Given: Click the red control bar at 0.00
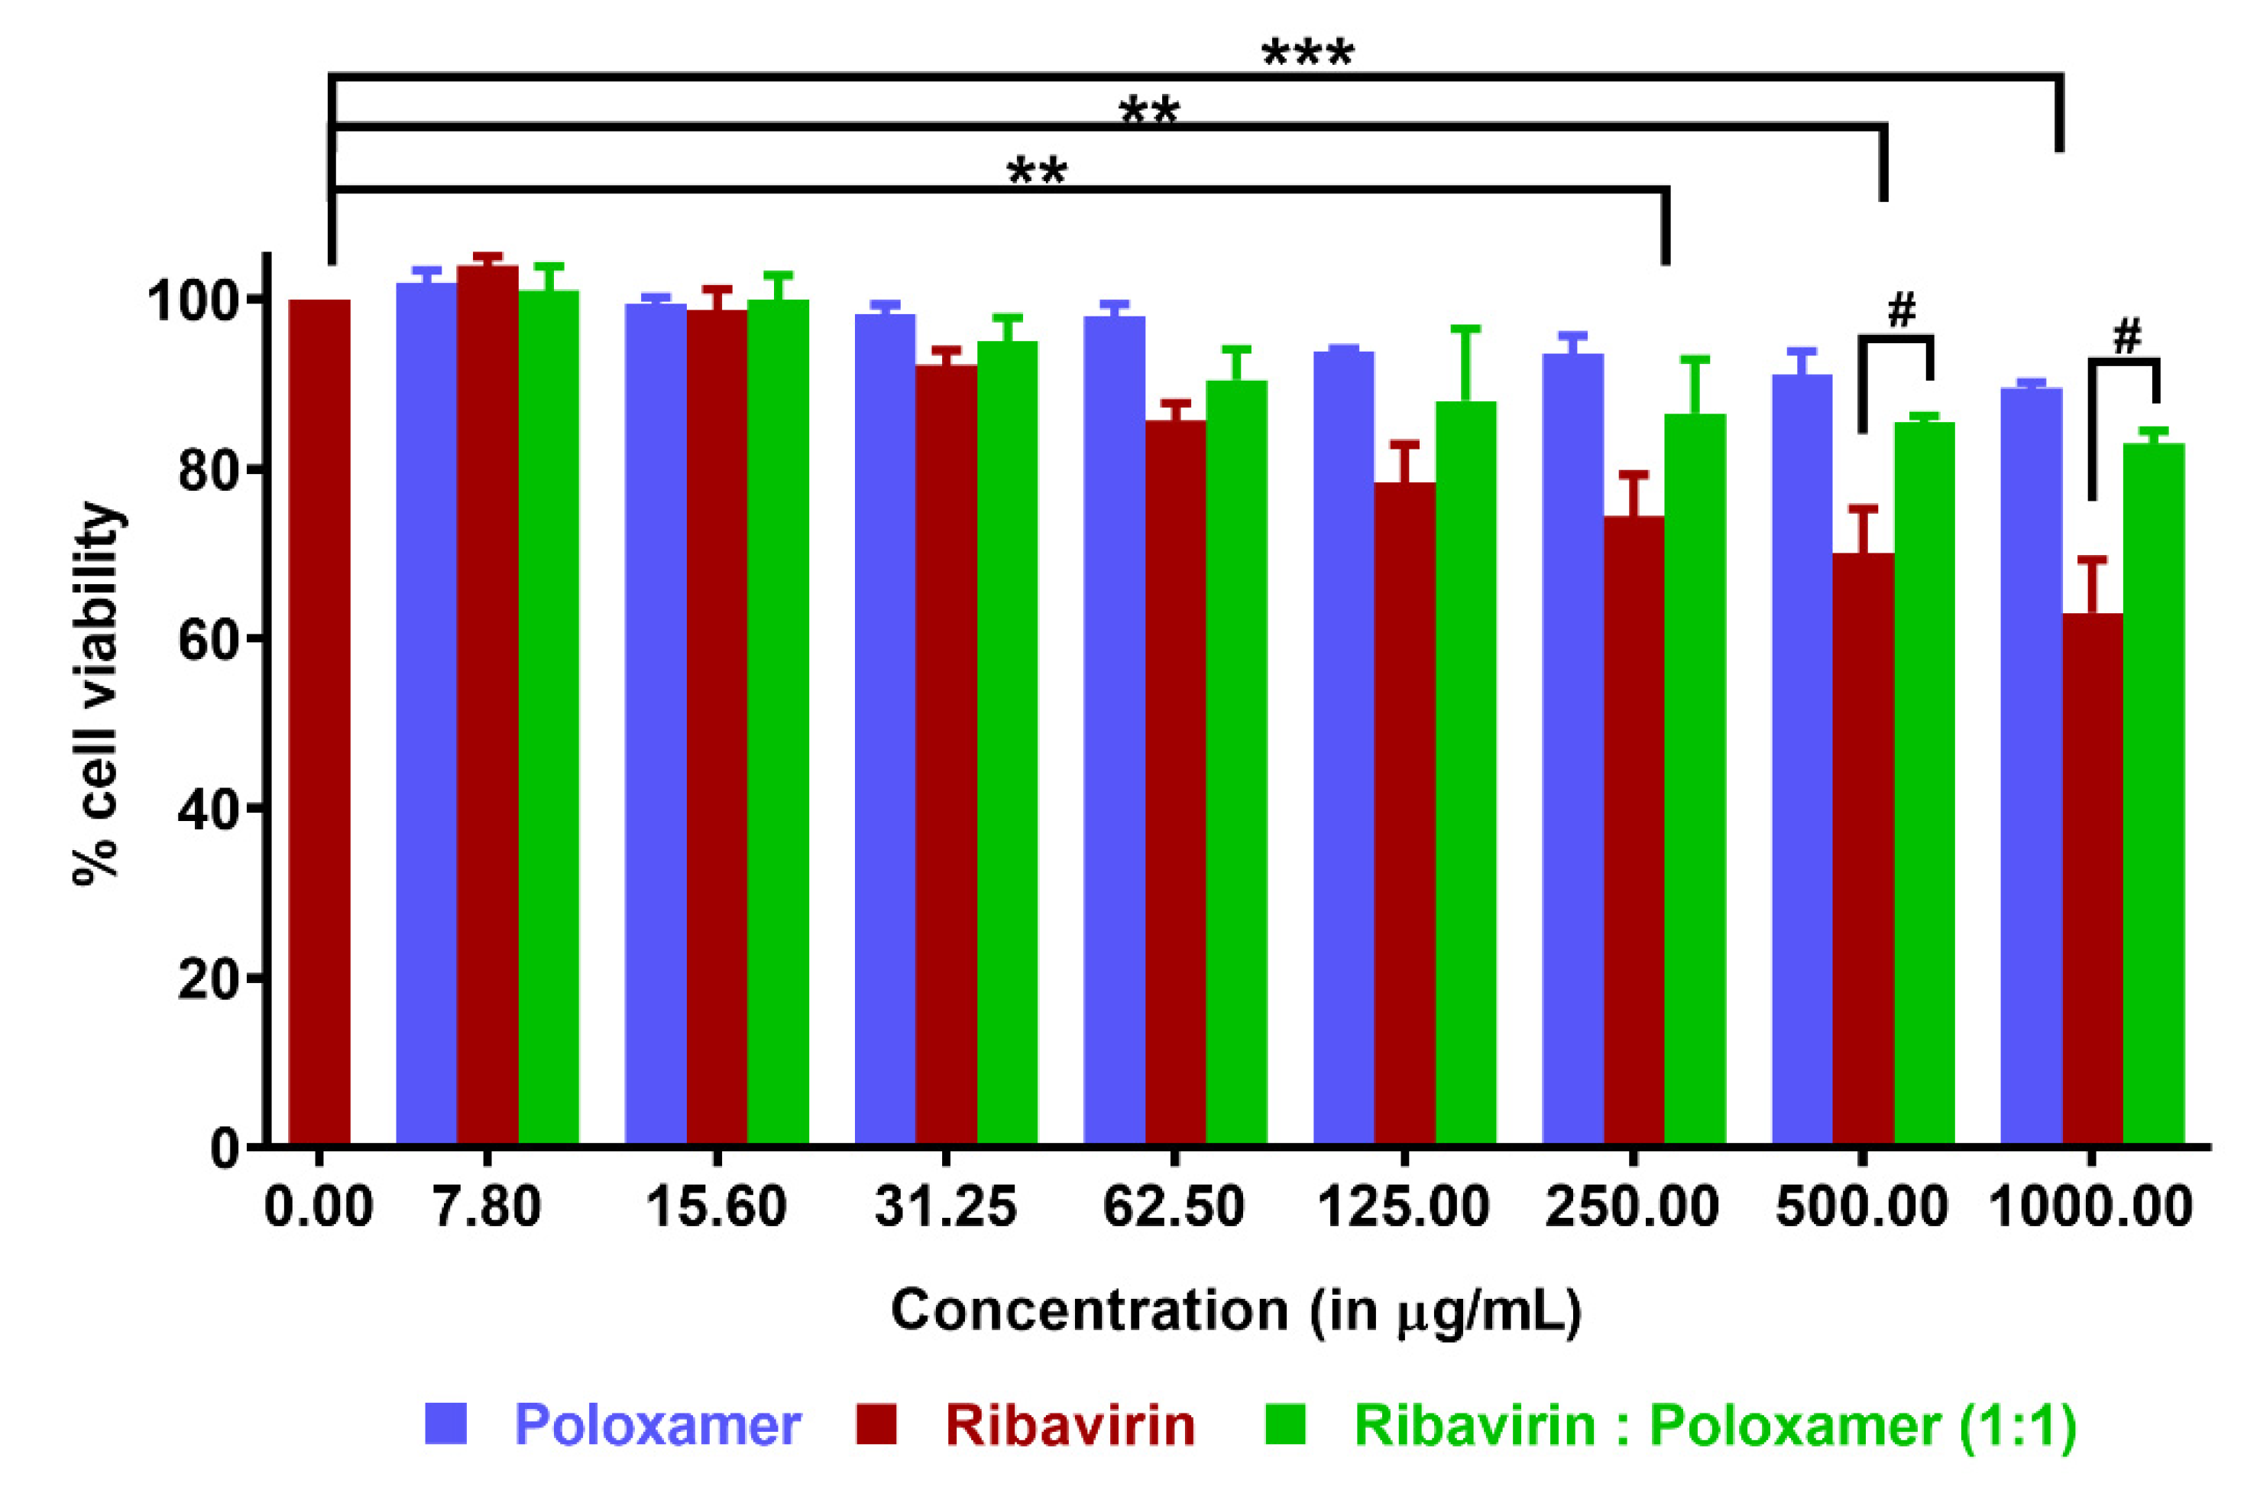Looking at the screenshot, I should click(319, 720).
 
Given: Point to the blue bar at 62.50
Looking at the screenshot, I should click(1114, 729).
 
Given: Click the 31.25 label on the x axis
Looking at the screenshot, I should click(946, 1206).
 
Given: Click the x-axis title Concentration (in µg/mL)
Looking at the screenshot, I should click(1235, 1310).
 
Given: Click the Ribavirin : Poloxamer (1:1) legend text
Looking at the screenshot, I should click(1715, 1424).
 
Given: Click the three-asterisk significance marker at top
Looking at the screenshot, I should click(1307, 55).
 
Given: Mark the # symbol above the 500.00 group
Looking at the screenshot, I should click(1901, 310).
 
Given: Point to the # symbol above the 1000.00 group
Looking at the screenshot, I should click(2127, 337).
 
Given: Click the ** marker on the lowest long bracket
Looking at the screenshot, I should click(1037, 174).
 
